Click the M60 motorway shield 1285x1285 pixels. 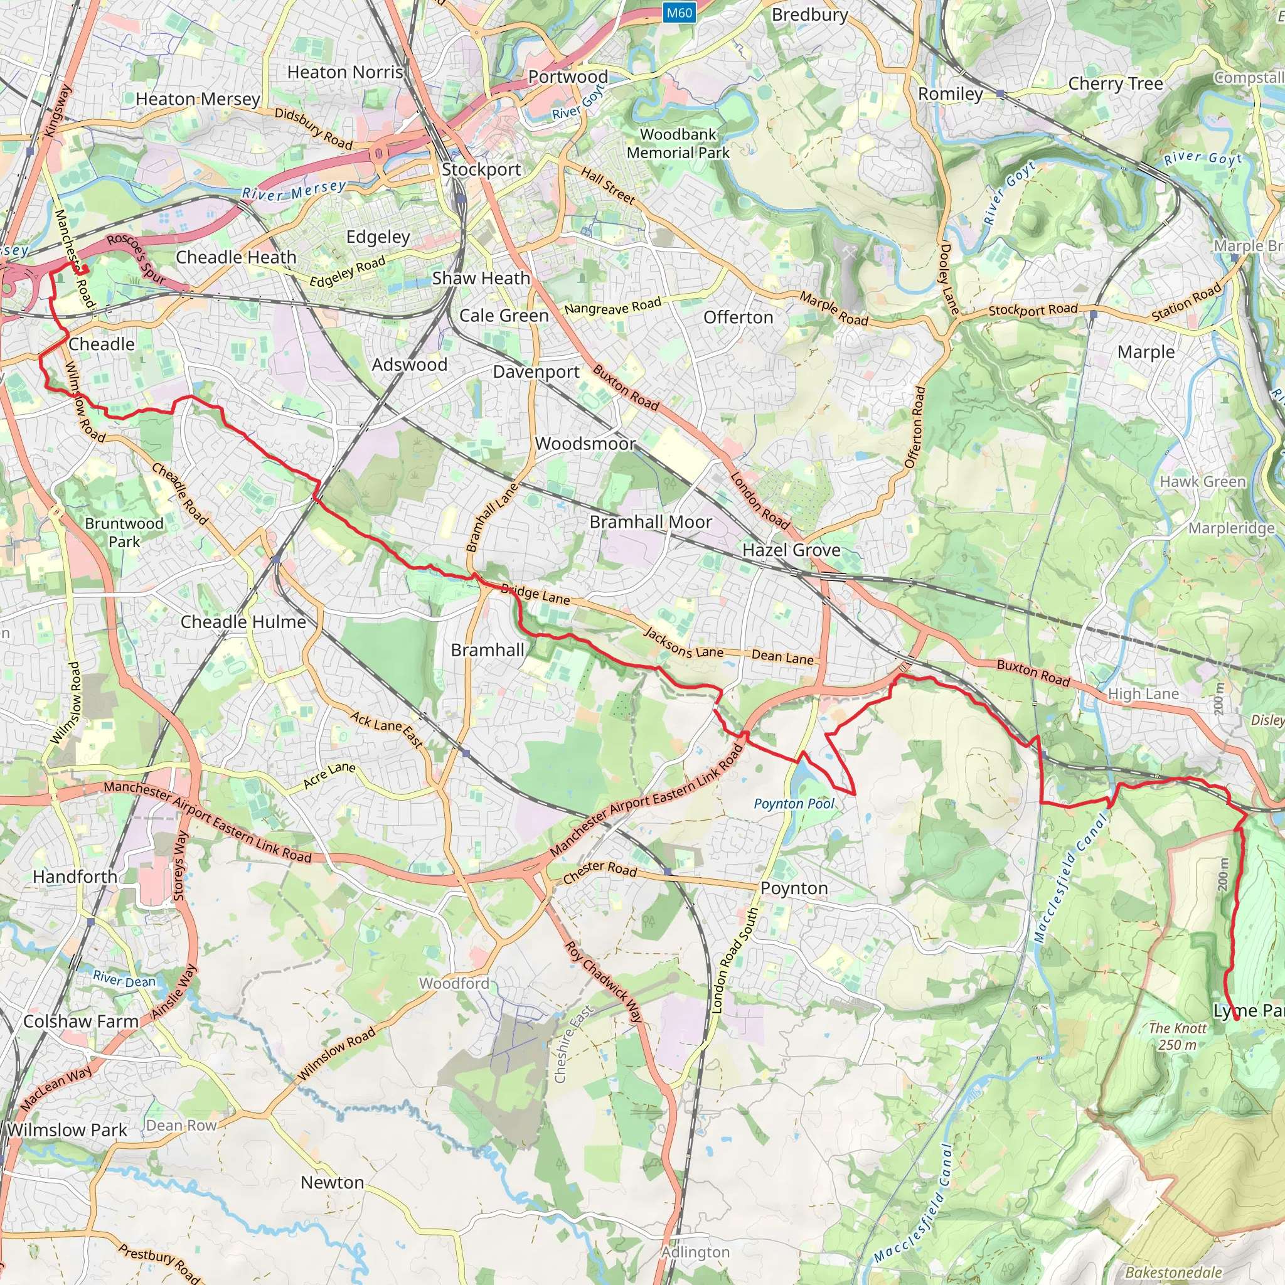click(x=679, y=13)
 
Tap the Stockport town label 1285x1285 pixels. click(x=481, y=169)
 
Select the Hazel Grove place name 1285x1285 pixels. click(x=791, y=550)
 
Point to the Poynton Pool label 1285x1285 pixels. click(x=794, y=804)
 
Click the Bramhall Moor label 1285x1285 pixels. click(x=651, y=522)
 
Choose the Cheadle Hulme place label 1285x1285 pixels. click(x=243, y=622)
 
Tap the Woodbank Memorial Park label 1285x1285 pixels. click(x=678, y=144)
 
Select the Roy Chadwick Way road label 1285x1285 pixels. click(x=604, y=982)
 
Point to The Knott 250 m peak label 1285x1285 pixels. click(x=1177, y=1037)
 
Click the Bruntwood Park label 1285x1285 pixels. click(x=124, y=532)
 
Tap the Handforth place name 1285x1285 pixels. click(x=75, y=877)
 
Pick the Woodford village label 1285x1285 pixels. click(x=454, y=983)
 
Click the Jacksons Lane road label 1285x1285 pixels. click(x=683, y=643)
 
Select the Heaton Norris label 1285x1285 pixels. click(x=345, y=72)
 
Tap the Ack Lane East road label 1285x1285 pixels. click(x=387, y=730)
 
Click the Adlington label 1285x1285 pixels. click(x=695, y=1252)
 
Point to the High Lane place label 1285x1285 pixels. click(x=1143, y=694)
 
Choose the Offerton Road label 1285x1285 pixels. click(x=915, y=427)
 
